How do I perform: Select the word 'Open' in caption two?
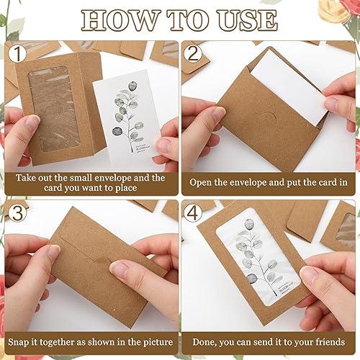(x=204, y=182)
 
